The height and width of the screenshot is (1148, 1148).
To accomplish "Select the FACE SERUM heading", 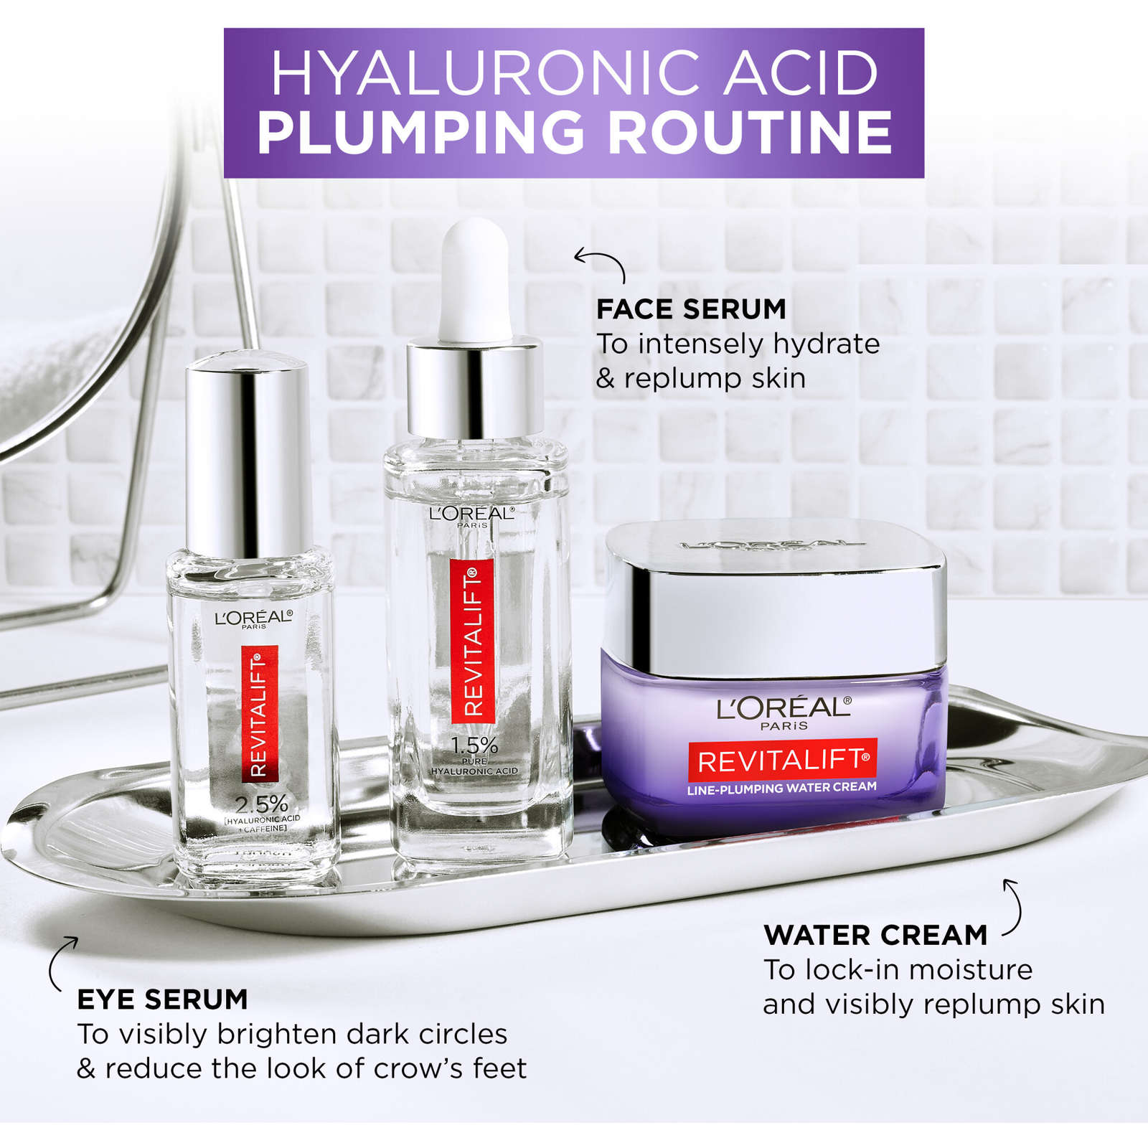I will tap(691, 309).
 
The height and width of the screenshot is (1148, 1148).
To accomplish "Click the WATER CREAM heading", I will tap(875, 935).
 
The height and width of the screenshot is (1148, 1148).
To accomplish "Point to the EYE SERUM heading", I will tap(162, 999).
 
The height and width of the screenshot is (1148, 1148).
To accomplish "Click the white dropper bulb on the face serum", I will tap(475, 280).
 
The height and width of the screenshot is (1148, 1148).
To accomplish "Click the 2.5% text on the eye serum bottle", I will tap(261, 804).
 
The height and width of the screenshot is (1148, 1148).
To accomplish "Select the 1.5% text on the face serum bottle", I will tap(474, 745).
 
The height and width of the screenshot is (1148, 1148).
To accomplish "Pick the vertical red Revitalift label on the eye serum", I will tap(259, 713).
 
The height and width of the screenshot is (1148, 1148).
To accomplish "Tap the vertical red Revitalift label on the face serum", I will tap(472, 641).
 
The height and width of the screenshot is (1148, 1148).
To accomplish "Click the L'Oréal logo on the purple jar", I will tap(784, 709).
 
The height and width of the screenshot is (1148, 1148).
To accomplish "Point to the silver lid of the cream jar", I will tap(773, 596).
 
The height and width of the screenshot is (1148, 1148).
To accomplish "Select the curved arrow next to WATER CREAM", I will tap(1012, 907).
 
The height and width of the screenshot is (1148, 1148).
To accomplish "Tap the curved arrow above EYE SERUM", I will tap(61, 962).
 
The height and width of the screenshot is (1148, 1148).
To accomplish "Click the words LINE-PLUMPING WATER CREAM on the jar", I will tap(781, 788).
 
